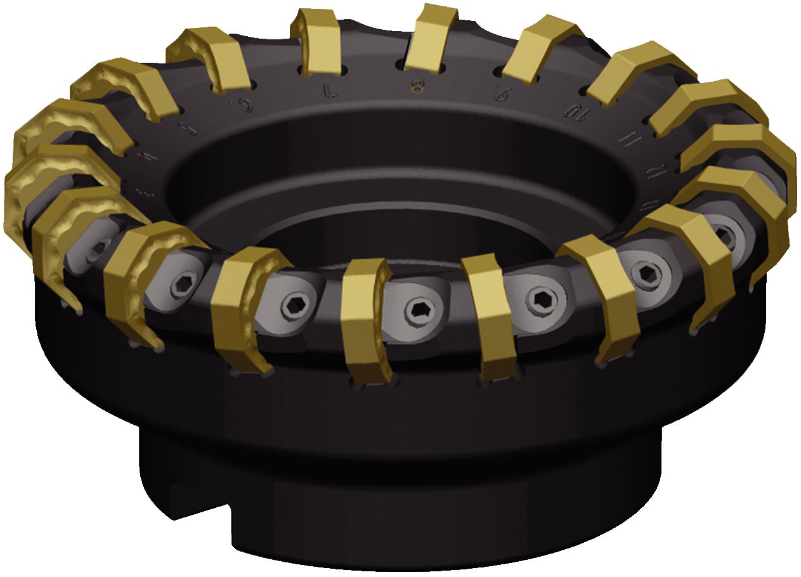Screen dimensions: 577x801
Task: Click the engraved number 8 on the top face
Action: (417, 87)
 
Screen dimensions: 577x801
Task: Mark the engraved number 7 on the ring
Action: (330, 92)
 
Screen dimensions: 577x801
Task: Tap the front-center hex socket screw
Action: (418, 309)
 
